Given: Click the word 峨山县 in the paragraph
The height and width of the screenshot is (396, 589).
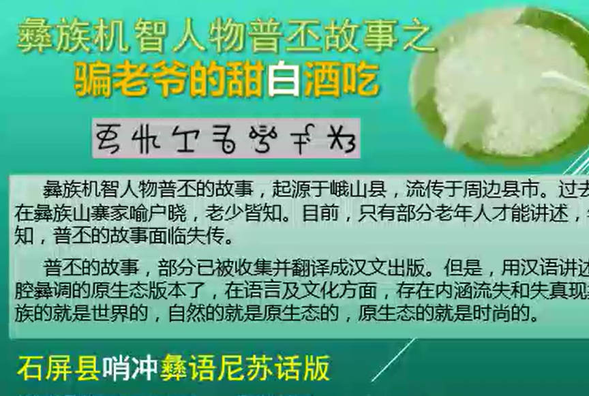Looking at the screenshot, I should tap(367, 189).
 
